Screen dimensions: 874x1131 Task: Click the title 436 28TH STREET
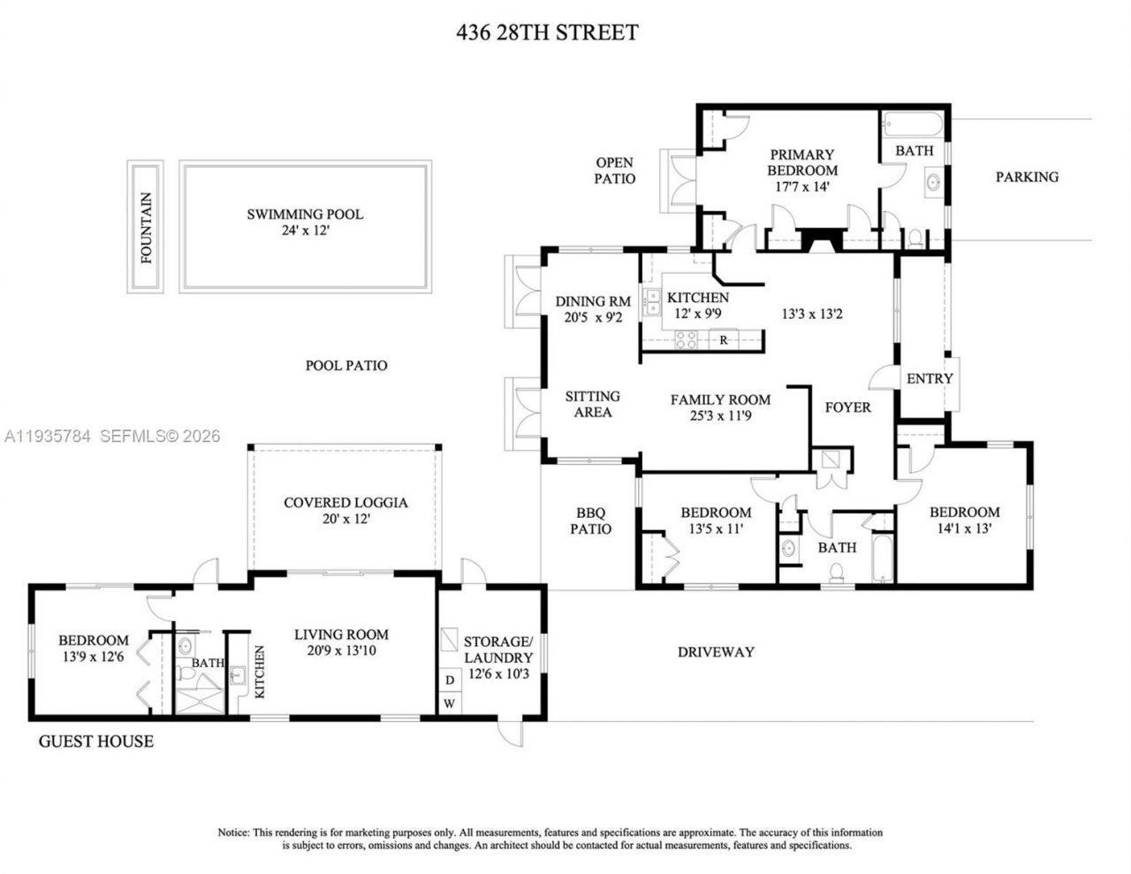(x=547, y=33)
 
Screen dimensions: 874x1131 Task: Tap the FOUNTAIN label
(x=147, y=228)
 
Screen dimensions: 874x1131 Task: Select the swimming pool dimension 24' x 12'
(x=305, y=231)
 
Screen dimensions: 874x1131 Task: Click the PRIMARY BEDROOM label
(x=801, y=163)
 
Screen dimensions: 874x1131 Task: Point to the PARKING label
(x=1027, y=177)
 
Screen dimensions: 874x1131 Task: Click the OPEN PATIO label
(x=615, y=171)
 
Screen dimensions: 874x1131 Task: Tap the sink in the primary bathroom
(x=931, y=184)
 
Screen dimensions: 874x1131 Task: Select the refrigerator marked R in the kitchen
(x=724, y=339)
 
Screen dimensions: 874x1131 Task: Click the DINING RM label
(x=593, y=301)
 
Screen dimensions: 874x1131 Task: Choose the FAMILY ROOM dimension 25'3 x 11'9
(x=720, y=416)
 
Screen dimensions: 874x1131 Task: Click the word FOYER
(x=847, y=407)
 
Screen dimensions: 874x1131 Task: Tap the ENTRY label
(x=930, y=378)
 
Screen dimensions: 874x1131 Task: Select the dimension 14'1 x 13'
(x=964, y=528)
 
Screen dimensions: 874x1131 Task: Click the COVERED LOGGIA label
(x=345, y=503)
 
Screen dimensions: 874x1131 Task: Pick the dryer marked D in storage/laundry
(x=450, y=680)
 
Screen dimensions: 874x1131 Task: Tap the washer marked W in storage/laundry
(x=450, y=703)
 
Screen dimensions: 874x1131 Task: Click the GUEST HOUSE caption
(x=95, y=741)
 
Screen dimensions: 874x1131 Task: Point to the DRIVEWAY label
(x=716, y=652)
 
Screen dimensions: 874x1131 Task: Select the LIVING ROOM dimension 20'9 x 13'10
(x=341, y=651)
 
